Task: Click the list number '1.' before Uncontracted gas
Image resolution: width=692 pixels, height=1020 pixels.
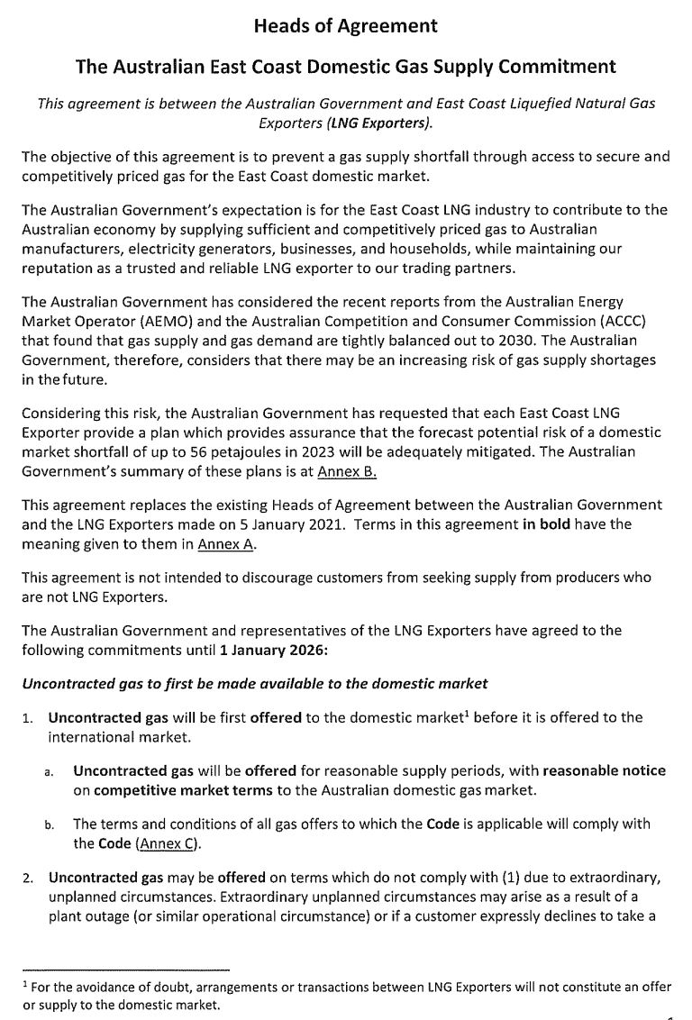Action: pyautogui.click(x=30, y=718)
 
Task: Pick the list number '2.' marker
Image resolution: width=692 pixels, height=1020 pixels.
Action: pyautogui.click(x=30, y=876)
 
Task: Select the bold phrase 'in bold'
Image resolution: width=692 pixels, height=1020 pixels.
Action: pyautogui.click(x=546, y=524)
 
